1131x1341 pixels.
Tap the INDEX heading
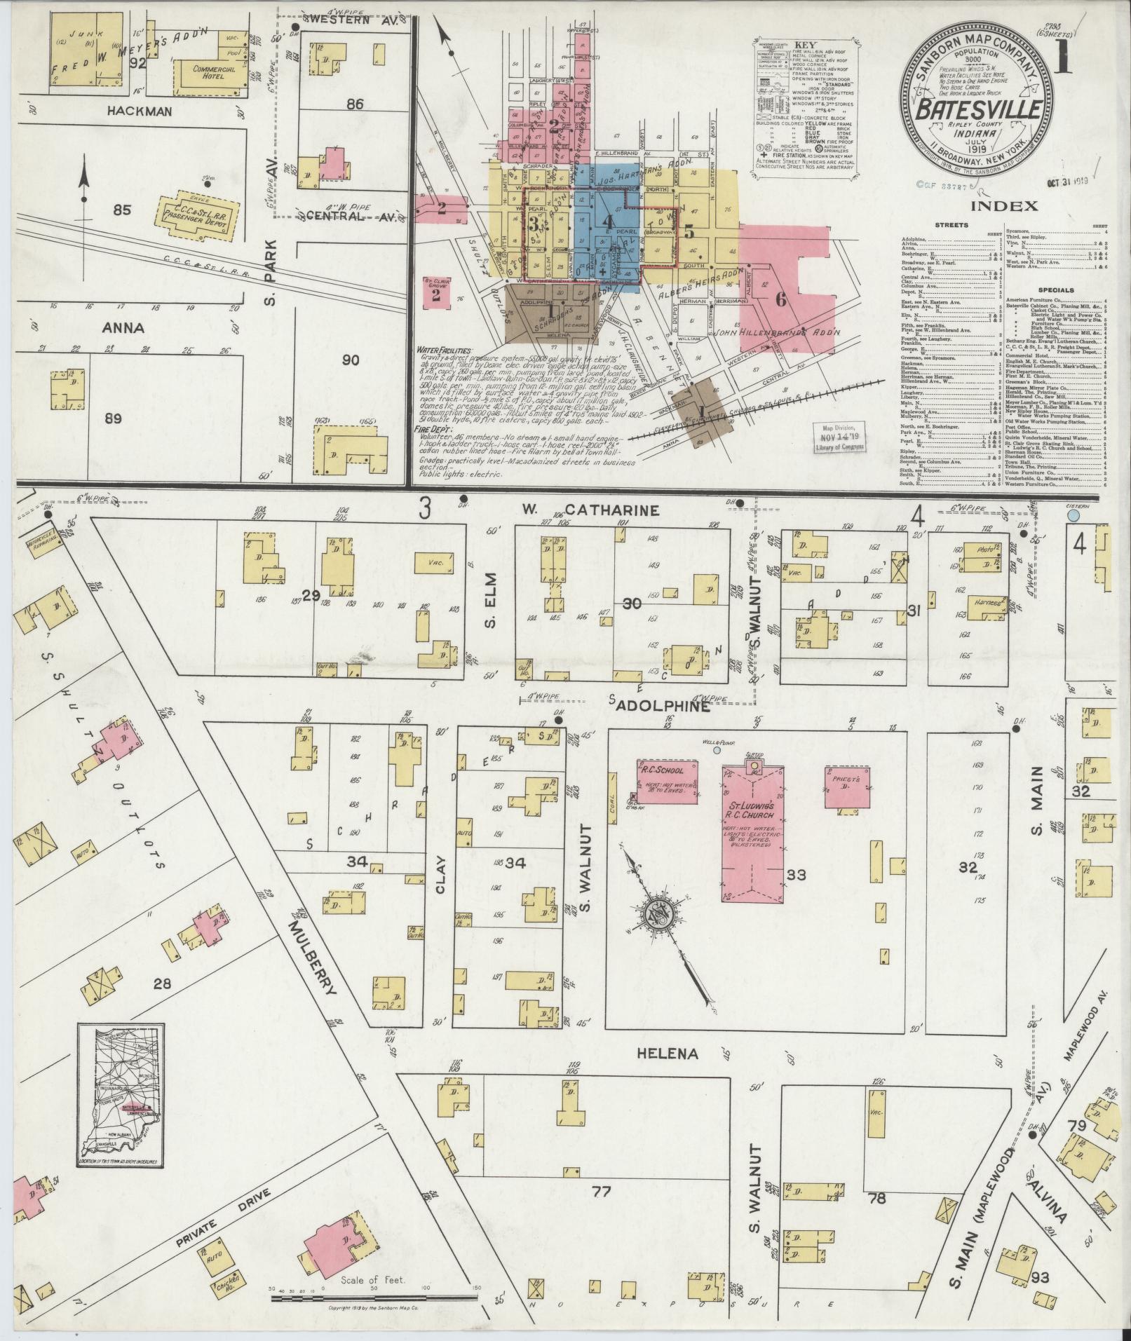click(x=1004, y=206)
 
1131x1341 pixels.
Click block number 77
click(x=600, y=1191)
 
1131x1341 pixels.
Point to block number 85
click(x=123, y=209)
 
